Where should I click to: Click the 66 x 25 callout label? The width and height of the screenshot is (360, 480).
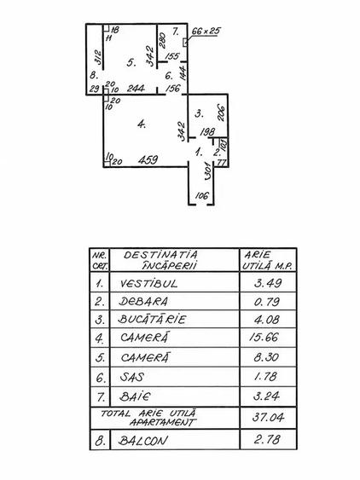[x=206, y=31]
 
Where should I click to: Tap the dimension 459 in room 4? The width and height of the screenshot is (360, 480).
[x=148, y=159]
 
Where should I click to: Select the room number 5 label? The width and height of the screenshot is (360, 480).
[x=131, y=63]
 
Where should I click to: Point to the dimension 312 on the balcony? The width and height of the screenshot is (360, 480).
[x=98, y=57]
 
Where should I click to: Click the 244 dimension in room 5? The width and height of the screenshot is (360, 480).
[x=136, y=89]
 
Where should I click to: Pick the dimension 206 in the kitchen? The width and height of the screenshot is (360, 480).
[x=221, y=113]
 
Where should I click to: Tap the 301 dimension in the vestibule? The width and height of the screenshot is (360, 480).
[x=207, y=171]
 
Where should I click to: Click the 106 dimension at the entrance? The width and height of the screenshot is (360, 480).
[x=201, y=195]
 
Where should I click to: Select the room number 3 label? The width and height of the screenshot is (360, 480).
[x=199, y=114]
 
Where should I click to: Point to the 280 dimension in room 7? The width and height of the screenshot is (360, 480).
[x=163, y=40]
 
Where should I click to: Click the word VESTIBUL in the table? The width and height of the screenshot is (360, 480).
[x=148, y=283]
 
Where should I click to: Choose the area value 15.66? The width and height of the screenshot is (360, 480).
[x=264, y=338]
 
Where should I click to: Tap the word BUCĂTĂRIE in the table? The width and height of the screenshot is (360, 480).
[x=152, y=319]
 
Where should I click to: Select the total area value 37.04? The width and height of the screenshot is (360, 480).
[x=268, y=417]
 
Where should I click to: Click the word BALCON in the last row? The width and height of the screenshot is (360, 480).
[x=143, y=441]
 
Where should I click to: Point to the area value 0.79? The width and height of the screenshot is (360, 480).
[x=267, y=302]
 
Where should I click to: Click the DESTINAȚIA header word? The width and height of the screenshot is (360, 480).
[x=160, y=255]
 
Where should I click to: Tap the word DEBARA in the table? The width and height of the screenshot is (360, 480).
[x=143, y=302]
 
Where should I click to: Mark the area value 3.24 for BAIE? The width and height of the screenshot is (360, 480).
[x=266, y=396]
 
